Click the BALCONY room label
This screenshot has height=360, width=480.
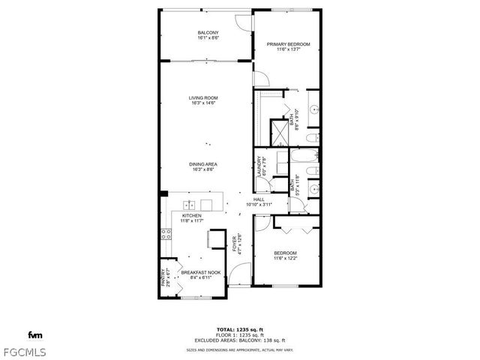(x=208, y=32)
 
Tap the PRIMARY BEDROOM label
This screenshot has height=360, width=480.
(x=288, y=44)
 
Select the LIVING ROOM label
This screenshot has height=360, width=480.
(x=203, y=97)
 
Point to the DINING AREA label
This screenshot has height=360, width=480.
(x=203, y=164)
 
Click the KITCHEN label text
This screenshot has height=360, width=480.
(x=192, y=215)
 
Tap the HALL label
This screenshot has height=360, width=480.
(x=258, y=199)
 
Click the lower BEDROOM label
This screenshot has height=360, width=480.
(x=286, y=253)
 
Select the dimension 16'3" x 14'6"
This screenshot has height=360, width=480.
(x=203, y=103)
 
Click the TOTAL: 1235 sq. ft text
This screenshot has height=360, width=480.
(x=239, y=330)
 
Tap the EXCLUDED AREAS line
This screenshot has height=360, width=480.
(x=239, y=340)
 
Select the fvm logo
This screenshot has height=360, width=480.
(x=34, y=334)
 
